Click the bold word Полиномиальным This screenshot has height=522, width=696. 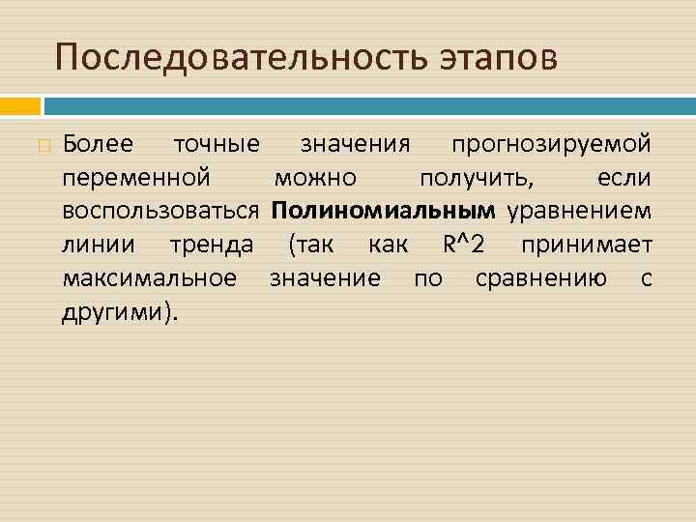[x=384, y=211]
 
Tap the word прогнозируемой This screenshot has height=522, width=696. [x=551, y=145]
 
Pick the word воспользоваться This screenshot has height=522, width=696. [x=160, y=211]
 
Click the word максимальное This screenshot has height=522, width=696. [x=149, y=278]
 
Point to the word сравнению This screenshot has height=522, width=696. [x=541, y=278]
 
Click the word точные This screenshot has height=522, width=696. [x=216, y=145]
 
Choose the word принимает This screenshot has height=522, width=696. [x=587, y=245]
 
